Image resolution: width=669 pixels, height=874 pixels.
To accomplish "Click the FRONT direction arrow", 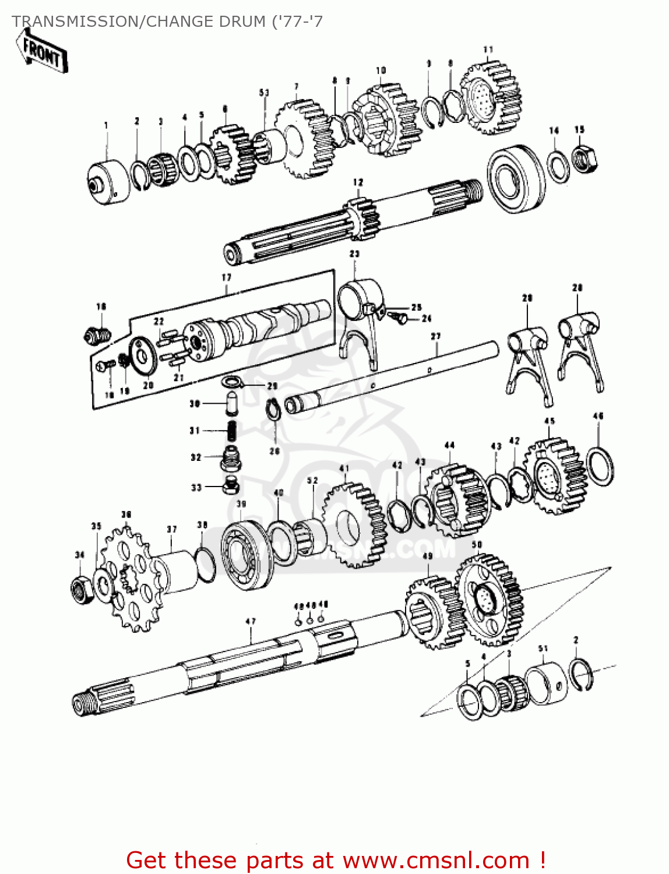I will coord(42,52).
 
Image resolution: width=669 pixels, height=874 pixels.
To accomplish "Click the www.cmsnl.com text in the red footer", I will coord(435,860).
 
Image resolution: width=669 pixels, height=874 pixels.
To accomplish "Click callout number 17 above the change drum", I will coord(226,278).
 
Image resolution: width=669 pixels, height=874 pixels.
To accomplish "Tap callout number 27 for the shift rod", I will coord(435,336).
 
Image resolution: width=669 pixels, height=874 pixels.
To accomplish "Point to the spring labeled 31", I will coord(231,431).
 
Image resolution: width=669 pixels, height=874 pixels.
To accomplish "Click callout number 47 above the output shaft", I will coord(251,622).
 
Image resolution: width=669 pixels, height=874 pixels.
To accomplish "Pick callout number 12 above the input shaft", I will coord(358,182).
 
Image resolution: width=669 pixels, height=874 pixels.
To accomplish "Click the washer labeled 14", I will coord(558,166).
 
